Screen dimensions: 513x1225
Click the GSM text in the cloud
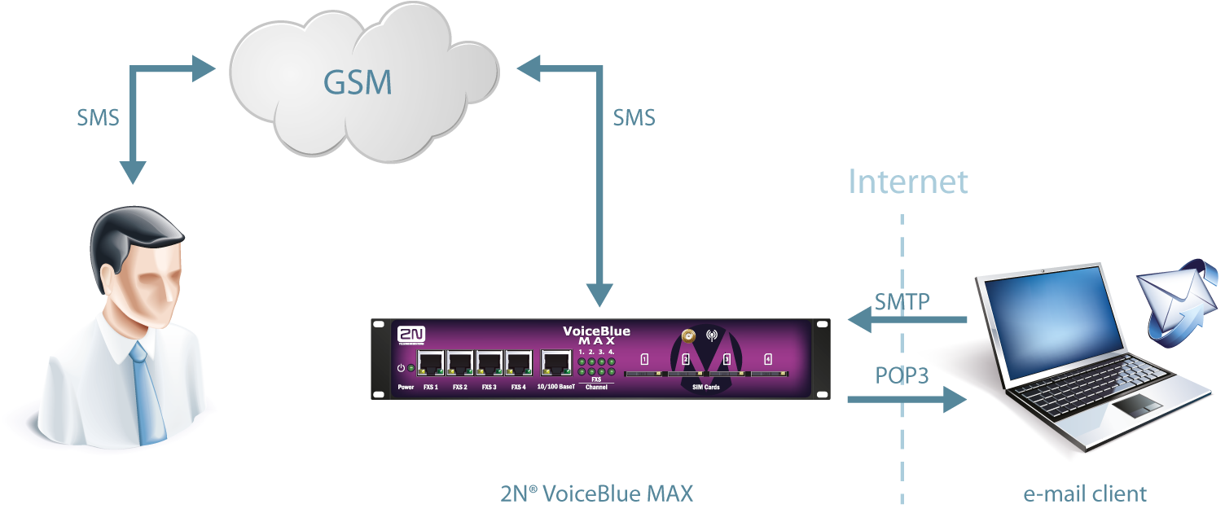point(358,82)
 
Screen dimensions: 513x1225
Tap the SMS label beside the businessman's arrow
point(98,118)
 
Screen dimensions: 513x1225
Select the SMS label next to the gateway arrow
point(634,118)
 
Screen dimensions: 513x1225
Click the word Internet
point(908,182)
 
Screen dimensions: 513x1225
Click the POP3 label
point(902,375)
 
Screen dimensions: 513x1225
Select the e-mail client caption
point(1085,493)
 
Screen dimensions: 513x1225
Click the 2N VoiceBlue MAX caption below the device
point(597,493)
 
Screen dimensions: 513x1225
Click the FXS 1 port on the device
point(431,362)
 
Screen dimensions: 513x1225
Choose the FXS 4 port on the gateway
point(518,362)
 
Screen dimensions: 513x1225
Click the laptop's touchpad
point(1139,407)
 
